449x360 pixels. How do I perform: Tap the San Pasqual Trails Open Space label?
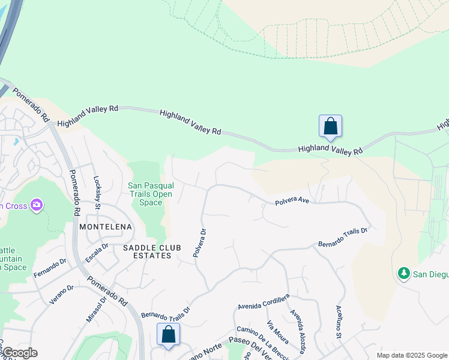point(150,194)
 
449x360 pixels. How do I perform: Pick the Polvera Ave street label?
point(292,202)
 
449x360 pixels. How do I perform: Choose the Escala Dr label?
point(97,253)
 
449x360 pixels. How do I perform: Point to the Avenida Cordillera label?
point(264,302)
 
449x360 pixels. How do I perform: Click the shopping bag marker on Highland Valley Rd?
point(330,127)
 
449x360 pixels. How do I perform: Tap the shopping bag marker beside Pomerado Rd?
point(169,335)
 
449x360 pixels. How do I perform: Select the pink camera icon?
point(37,206)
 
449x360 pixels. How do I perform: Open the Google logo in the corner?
point(19,353)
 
